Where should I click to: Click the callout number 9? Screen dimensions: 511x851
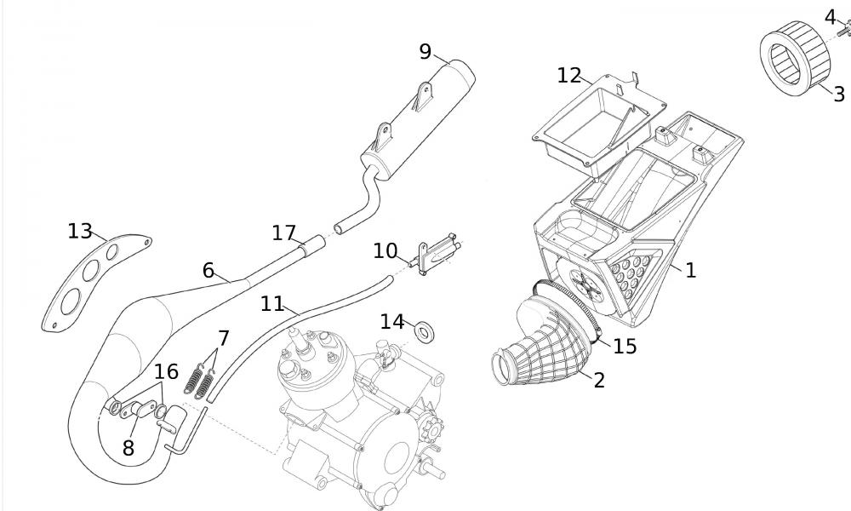(x=425, y=52)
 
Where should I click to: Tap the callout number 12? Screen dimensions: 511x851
(x=568, y=75)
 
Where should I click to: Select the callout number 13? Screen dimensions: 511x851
(x=79, y=231)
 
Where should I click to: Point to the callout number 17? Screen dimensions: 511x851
(x=283, y=233)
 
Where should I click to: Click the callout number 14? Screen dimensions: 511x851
(x=391, y=321)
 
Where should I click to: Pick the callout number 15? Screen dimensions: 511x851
(x=625, y=347)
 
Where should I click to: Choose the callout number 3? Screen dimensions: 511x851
(x=838, y=94)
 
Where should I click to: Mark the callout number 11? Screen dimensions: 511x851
(x=272, y=303)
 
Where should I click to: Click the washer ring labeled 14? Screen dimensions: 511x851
(x=423, y=329)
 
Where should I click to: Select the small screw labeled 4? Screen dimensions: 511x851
(x=845, y=31)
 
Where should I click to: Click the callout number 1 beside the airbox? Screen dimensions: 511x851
(x=690, y=270)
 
